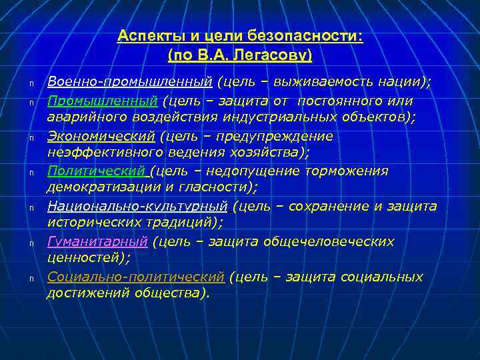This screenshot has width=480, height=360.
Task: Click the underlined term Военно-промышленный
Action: [129, 82]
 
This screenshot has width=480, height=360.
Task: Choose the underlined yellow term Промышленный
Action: [102, 101]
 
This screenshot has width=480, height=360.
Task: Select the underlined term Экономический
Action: [100, 136]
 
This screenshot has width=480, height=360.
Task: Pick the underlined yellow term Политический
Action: [97, 171]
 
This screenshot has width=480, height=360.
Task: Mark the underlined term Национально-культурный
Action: [137, 206]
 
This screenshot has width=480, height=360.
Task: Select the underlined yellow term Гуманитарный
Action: [97, 241]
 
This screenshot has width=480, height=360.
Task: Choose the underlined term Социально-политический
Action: [135, 276]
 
